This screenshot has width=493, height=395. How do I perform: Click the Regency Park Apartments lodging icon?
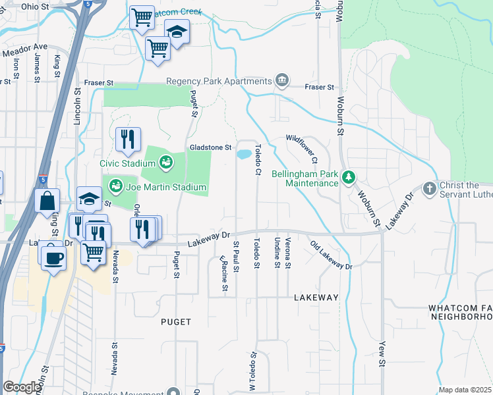click(282, 80)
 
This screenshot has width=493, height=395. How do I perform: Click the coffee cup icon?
click(53, 256)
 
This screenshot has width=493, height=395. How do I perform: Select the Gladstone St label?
click(211, 147)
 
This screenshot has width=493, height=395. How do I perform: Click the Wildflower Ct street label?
click(302, 149)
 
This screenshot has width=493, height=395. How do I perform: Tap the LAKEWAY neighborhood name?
click(316, 298)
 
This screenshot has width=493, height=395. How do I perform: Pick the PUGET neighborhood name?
click(176, 322)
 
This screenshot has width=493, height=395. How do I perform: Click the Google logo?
click(22, 387)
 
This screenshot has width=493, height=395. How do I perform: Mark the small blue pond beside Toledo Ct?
click(243, 155)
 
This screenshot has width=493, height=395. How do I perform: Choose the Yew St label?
click(382, 354)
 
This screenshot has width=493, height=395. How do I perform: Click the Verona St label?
click(287, 254)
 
